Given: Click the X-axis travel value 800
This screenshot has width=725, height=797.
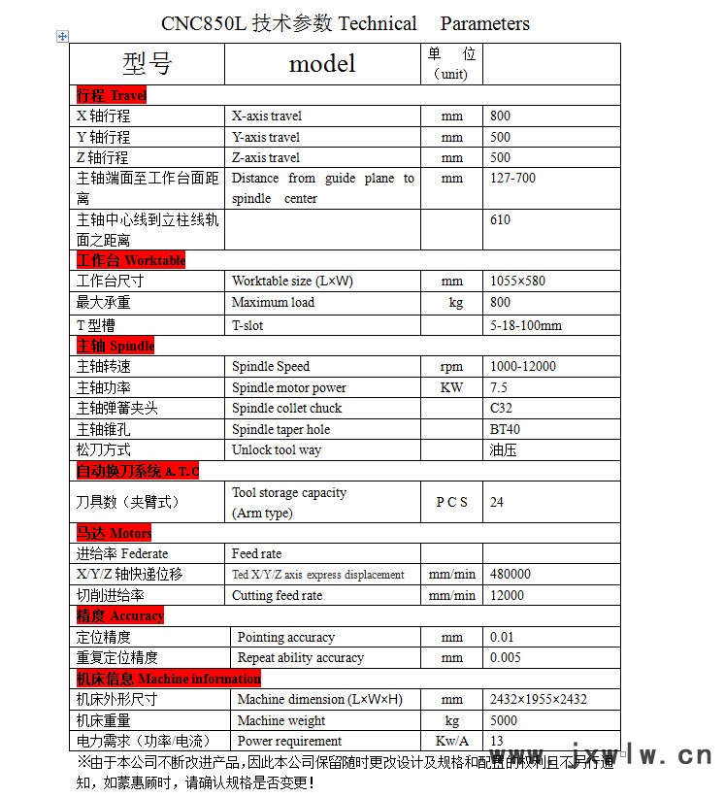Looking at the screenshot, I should pyautogui.click(x=500, y=116).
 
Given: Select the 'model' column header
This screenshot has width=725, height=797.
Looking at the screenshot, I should pyautogui.click(x=322, y=64).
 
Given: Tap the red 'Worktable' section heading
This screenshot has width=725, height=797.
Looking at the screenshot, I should pyautogui.click(x=131, y=260).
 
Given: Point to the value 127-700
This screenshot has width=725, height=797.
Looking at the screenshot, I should pyautogui.click(x=512, y=178).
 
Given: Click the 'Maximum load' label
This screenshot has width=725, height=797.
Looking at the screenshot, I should pyautogui.click(x=273, y=302).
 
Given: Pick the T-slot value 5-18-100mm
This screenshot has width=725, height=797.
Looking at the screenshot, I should pyautogui.click(x=525, y=325).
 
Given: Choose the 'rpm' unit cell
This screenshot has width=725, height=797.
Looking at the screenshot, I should pyautogui.click(x=452, y=366).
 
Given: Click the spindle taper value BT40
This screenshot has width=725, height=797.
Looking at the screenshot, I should pyautogui.click(x=505, y=429).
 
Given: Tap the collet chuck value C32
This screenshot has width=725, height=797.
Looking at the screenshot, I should pyautogui.click(x=501, y=408).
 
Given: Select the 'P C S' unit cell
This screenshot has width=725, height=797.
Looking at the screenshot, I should pyautogui.click(x=451, y=502).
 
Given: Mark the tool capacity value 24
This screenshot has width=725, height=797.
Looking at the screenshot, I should pyautogui.click(x=497, y=502).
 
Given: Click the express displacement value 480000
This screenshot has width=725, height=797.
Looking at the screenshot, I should pyautogui.click(x=511, y=574).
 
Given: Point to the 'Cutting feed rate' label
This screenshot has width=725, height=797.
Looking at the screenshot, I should pyautogui.click(x=277, y=595).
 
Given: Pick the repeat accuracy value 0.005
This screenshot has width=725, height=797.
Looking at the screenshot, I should pyautogui.click(x=505, y=657).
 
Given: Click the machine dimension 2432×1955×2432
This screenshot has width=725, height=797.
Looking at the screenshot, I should pyautogui.click(x=538, y=699).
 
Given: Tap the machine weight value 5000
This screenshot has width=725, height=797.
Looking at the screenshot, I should pyautogui.click(x=504, y=720).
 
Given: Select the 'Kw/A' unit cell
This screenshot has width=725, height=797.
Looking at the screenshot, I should pyautogui.click(x=451, y=741).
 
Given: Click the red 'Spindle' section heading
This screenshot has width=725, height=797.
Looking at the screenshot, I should pyautogui.click(x=115, y=346).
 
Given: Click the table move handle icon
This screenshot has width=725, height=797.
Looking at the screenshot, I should pyautogui.click(x=63, y=36).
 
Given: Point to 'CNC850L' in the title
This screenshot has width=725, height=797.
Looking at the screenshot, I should pyautogui.click(x=203, y=23).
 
